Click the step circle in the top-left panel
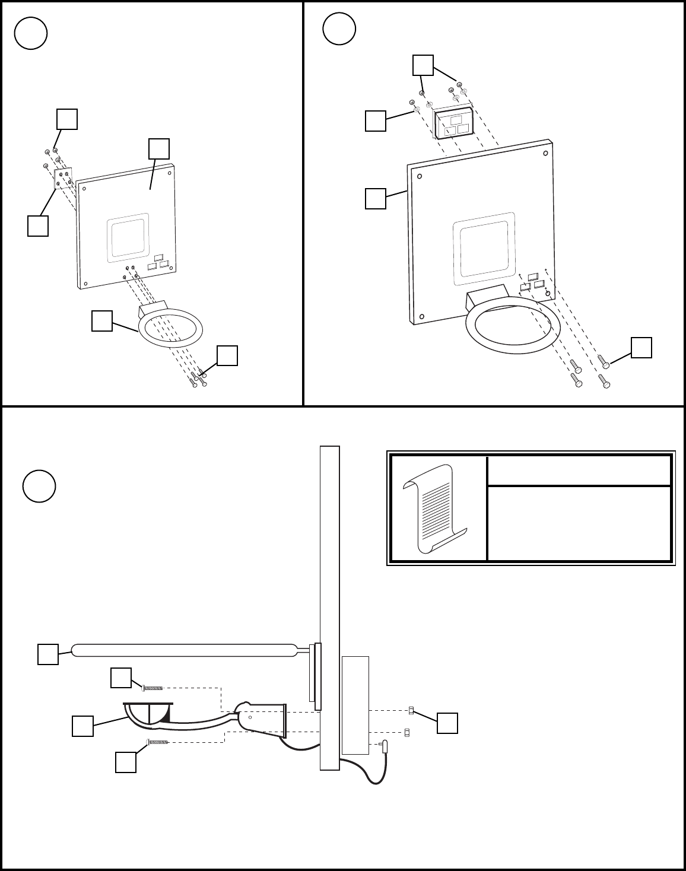(31, 33)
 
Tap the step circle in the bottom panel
(39, 486)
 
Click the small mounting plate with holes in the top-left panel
(63, 179)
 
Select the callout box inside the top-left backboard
(159, 149)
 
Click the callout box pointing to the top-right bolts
(641, 348)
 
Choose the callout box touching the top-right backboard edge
(375, 199)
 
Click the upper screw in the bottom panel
(153, 688)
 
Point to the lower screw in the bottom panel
(157, 742)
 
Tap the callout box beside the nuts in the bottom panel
(447, 723)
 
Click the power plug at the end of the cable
(386, 746)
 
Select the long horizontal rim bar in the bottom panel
(184, 650)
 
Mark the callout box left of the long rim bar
(48, 654)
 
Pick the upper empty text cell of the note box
(579, 471)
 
